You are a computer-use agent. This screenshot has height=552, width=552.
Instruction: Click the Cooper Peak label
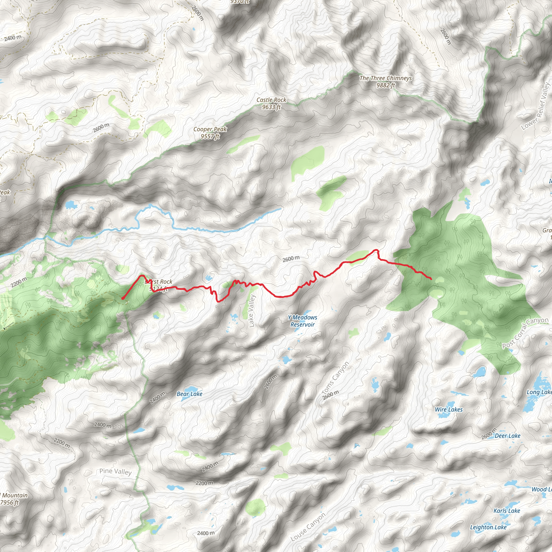tap(210, 133)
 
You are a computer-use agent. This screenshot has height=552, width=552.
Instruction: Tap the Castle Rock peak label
tap(271, 103)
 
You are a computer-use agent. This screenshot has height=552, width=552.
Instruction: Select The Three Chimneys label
tap(385, 81)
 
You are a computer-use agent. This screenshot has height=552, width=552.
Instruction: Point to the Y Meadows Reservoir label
tap(302, 321)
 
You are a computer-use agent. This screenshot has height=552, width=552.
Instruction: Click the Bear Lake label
tap(189, 394)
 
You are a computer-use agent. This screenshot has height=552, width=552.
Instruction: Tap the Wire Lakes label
tap(448, 410)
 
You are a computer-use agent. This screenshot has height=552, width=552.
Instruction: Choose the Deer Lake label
tap(508, 436)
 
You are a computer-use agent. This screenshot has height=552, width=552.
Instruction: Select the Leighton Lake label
tap(488, 527)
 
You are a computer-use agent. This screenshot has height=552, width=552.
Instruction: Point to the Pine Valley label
tap(115, 471)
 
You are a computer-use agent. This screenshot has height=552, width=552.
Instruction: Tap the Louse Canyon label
tap(308, 527)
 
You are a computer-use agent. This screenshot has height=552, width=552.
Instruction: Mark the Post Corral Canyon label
tap(525, 333)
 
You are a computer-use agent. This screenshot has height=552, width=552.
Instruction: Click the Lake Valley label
tap(251, 311)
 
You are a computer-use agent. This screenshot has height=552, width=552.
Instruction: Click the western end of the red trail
tap(123, 298)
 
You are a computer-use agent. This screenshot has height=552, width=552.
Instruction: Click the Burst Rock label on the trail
tap(159, 285)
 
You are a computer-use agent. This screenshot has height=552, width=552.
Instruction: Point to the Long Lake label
tap(539, 392)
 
